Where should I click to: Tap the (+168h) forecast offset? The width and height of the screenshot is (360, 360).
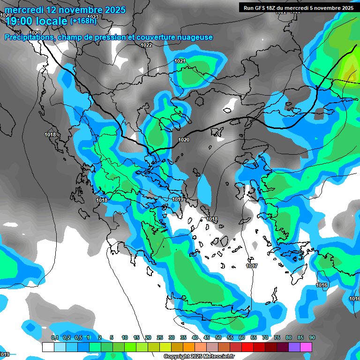coord(83,21)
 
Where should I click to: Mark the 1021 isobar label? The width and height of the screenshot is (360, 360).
coord(180,61)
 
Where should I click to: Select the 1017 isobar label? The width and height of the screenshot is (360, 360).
coord(252,266)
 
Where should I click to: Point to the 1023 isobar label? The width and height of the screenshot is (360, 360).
coord(93,17)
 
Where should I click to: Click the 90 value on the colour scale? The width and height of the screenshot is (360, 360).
coord(312,337)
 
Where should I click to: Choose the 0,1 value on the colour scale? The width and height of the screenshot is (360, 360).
coord(54,337)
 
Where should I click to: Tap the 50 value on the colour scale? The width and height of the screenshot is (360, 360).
coord(218,337)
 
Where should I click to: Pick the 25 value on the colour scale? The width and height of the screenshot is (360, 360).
coord(160,337)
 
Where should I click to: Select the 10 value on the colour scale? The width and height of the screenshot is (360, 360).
coord(125,337)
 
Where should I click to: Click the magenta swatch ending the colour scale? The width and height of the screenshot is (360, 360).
coord(306,347)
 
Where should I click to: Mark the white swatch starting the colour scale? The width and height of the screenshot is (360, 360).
coord(48,347)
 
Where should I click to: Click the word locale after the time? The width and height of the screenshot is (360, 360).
coord(52,21)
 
